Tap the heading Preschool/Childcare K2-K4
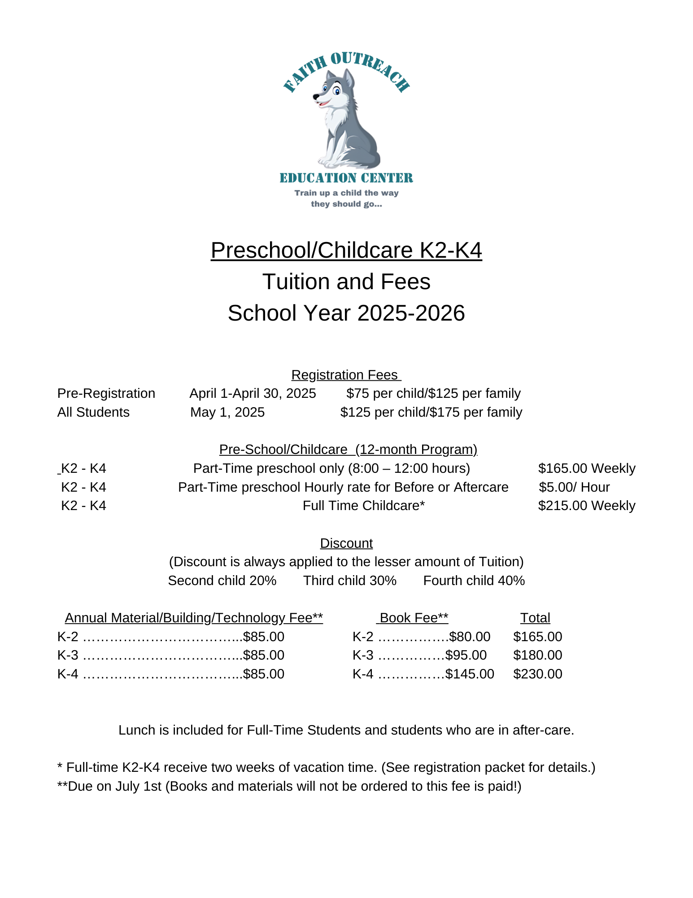[x=346, y=250]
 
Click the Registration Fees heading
[x=346, y=375]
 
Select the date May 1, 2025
[x=227, y=412]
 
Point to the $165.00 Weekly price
[x=587, y=468]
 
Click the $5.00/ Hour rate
[x=574, y=487]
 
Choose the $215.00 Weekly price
[x=587, y=506]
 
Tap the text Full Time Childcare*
[x=364, y=506]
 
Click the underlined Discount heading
[x=346, y=543]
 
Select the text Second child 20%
[x=222, y=581]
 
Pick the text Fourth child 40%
[x=474, y=581]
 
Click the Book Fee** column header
[x=414, y=618]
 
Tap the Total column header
[x=535, y=618]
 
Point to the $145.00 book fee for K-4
[x=470, y=674]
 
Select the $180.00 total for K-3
[x=538, y=655]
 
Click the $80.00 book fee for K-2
[x=470, y=637]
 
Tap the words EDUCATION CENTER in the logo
[x=346, y=178]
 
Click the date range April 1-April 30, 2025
[x=253, y=393]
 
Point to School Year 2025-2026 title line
[x=346, y=313]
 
